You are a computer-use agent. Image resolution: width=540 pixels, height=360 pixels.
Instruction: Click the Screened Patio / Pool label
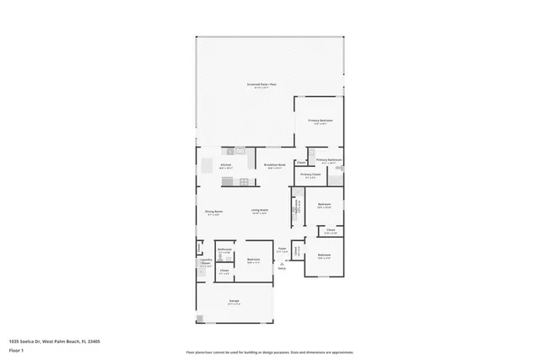click(x=262, y=84)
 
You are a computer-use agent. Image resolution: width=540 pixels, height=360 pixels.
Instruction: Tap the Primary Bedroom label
click(x=320, y=121)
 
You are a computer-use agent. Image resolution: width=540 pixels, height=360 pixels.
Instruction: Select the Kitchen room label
click(x=226, y=164)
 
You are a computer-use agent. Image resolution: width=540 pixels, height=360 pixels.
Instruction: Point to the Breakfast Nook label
click(x=275, y=164)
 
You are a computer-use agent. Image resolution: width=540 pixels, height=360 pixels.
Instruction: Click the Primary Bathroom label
click(x=328, y=160)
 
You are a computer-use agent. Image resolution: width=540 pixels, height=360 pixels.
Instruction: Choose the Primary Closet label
click(x=310, y=175)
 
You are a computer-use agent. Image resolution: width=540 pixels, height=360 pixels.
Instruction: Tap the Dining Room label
click(x=213, y=212)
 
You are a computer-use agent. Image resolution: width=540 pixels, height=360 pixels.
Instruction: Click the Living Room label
click(x=259, y=212)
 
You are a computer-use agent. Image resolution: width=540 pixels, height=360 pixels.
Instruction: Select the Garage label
click(x=233, y=303)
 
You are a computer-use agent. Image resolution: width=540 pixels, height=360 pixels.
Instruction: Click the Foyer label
click(x=282, y=250)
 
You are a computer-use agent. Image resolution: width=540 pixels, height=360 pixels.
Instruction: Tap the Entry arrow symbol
click(x=282, y=263)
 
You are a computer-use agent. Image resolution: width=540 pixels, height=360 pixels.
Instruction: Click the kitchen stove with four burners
click(x=244, y=181)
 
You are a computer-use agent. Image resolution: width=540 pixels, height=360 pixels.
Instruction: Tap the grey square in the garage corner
click(x=200, y=319)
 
